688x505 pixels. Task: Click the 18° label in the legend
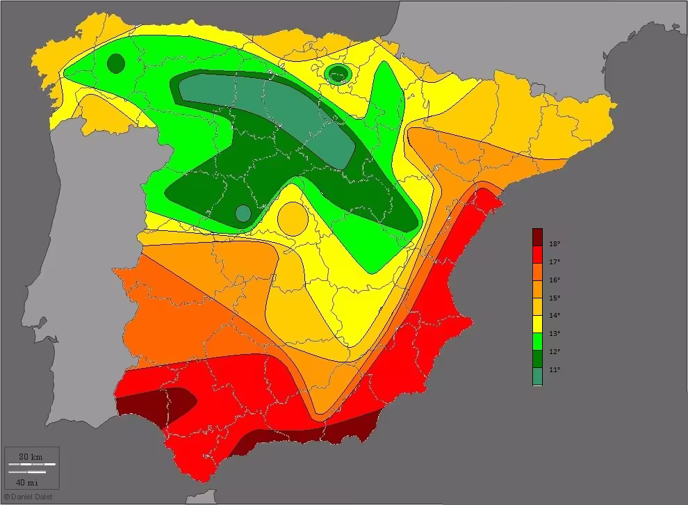(555, 244)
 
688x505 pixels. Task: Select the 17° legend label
(555, 262)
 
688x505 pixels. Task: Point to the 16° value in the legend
(555, 280)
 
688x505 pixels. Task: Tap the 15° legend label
(555, 298)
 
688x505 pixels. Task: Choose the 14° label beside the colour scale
(555, 316)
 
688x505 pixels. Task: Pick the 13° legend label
(555, 334)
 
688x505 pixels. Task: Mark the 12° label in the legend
(555, 352)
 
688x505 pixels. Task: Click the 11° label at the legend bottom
(555, 370)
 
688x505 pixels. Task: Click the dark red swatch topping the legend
(537, 237)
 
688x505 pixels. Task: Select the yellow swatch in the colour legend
(537, 322)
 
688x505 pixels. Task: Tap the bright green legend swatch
(537, 340)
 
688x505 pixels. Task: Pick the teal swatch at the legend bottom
(537, 376)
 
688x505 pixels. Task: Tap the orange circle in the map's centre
(293, 219)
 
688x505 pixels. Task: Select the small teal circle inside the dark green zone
(243, 213)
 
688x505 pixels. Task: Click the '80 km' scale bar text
(31, 456)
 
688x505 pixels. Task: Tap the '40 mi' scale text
(28, 482)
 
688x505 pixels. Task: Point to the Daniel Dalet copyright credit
(28, 497)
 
